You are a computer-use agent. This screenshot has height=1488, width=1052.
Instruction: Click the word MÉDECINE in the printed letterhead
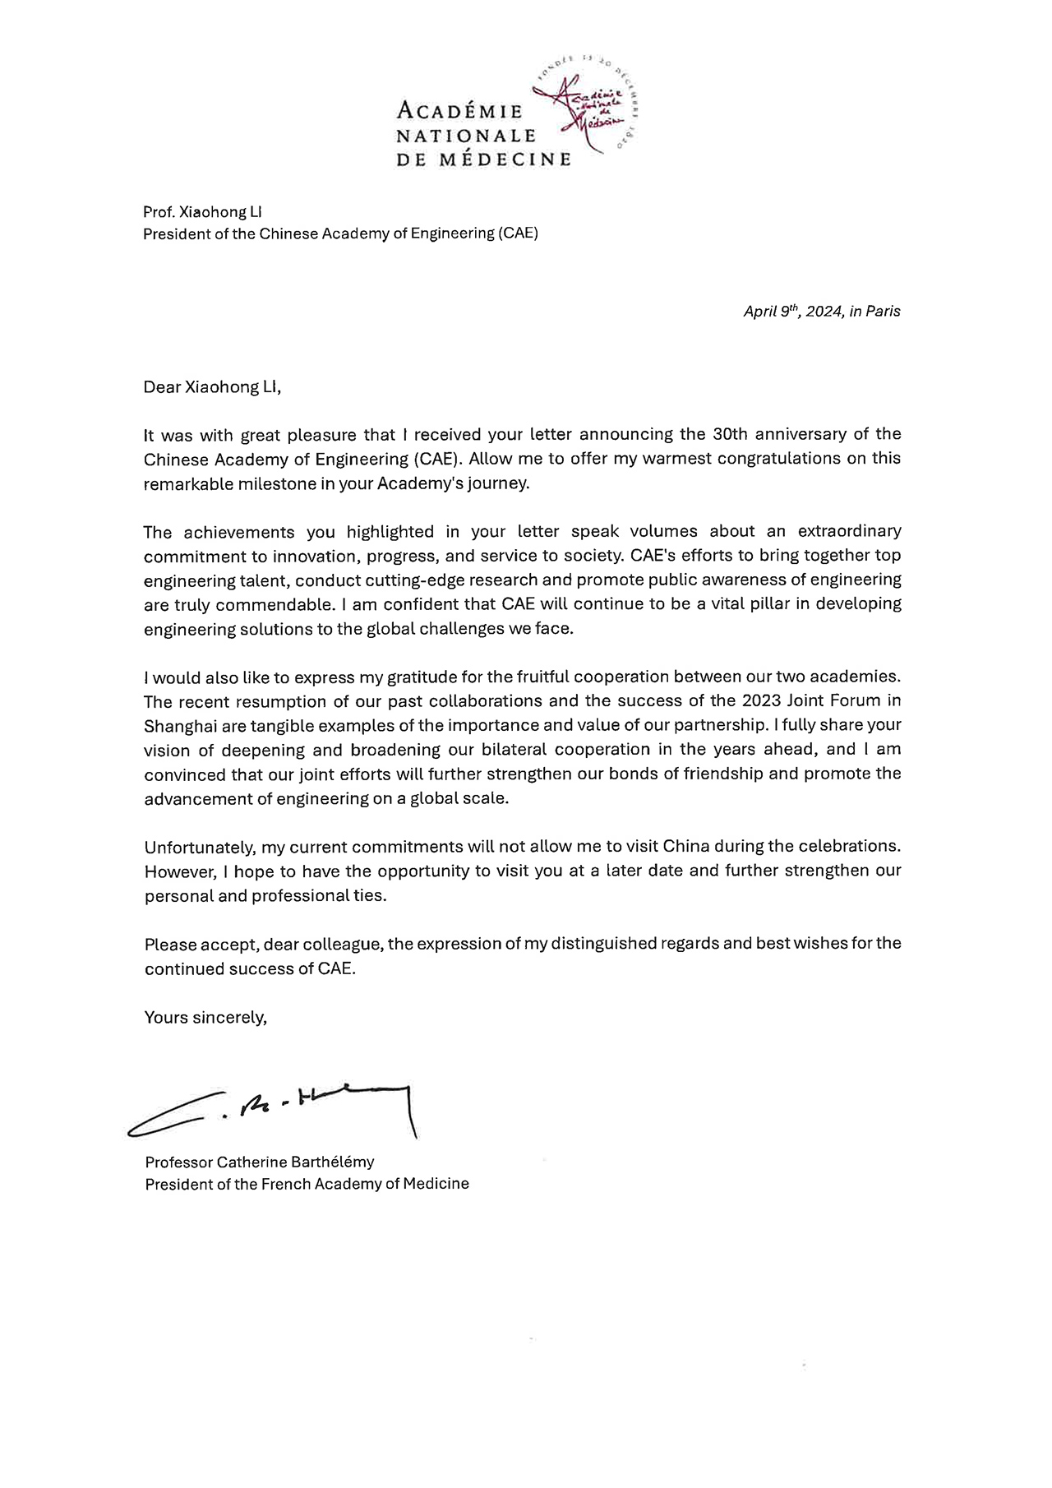(505, 159)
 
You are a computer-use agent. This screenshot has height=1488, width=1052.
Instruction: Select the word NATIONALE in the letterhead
(466, 135)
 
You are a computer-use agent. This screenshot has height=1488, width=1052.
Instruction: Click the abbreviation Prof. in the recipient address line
(159, 212)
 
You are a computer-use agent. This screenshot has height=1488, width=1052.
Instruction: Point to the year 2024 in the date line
(823, 312)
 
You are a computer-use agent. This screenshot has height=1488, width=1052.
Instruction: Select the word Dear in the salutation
(162, 387)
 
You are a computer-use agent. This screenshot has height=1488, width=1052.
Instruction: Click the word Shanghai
(178, 726)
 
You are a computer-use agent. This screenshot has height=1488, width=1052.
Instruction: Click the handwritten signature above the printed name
(271, 1111)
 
